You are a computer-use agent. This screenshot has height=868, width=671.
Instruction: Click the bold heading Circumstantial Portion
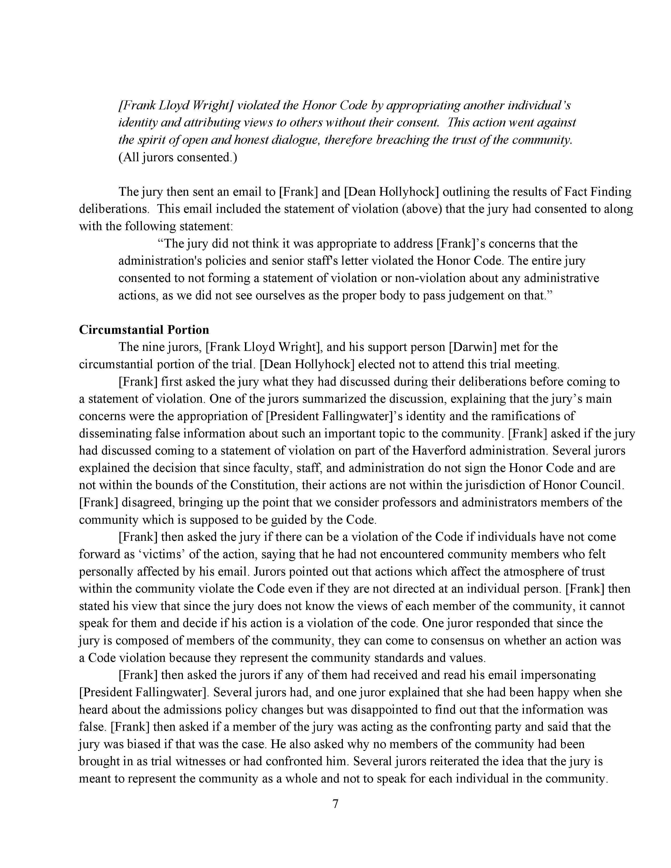point(144,330)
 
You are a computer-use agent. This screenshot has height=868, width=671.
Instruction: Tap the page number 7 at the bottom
point(335,804)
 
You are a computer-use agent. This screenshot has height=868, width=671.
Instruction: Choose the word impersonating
point(558,675)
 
